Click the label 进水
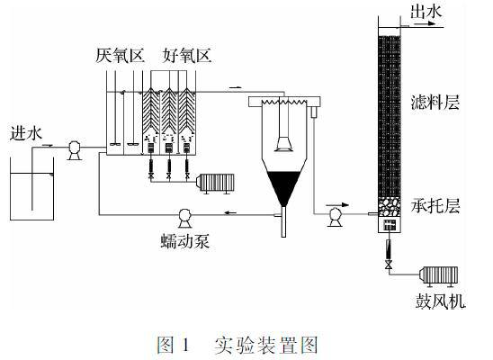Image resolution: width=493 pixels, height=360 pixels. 26,133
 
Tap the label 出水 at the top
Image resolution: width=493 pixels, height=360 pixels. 426,12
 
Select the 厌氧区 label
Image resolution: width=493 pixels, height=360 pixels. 120,56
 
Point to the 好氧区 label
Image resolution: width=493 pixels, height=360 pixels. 187,56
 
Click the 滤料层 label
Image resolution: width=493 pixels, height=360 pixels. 435,103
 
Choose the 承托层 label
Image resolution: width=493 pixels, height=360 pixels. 435,206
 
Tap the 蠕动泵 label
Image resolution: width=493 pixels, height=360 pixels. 184,241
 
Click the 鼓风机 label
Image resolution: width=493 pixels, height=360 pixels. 440,301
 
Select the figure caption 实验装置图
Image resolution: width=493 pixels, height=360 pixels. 265,345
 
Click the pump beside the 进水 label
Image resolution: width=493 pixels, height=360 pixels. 75,150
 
